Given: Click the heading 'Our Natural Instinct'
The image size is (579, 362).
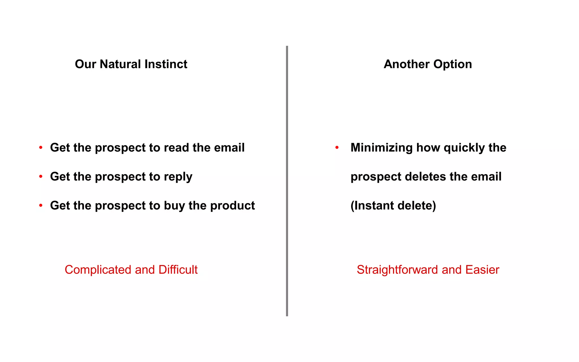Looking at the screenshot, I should click(131, 64).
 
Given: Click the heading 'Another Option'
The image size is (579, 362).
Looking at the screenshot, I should click(428, 64).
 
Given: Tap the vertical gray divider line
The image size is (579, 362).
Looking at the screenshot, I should click(287, 181).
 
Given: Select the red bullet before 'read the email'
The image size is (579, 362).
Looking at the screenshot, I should click(41, 147).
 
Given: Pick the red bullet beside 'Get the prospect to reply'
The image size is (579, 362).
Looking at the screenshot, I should click(41, 176).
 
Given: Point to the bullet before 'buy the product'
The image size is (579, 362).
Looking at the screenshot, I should click(41, 205).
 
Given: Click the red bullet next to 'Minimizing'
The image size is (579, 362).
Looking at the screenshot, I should click(337, 147).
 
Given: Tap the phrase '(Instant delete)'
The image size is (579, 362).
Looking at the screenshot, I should click(393, 206).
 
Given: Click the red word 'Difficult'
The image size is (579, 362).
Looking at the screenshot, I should click(178, 270).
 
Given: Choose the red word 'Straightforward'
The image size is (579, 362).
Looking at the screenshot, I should click(397, 270).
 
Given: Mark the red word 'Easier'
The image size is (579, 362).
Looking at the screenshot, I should click(482, 270).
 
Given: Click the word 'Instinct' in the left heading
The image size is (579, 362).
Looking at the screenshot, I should click(166, 64).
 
